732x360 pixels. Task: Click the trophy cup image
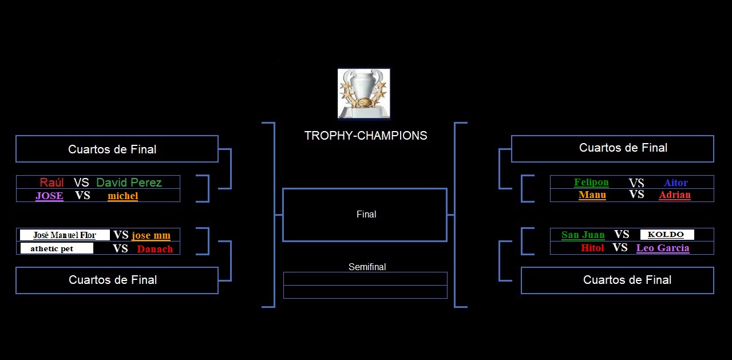tap(364, 93)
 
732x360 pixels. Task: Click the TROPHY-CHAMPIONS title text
tap(366, 136)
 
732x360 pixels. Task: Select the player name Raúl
tap(52, 182)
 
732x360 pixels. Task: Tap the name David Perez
tap(129, 182)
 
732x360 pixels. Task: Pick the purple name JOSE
tap(49, 196)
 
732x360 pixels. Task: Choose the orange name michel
tap(123, 196)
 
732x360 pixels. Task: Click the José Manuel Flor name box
tap(65, 235)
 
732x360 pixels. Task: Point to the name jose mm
tap(151, 235)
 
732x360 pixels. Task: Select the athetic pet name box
tap(57, 248)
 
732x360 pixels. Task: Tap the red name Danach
tap(155, 249)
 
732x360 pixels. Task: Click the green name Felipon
tap(591, 182)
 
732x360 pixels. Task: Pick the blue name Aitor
tap(676, 182)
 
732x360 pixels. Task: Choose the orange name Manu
tap(592, 195)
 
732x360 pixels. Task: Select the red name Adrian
tap(675, 195)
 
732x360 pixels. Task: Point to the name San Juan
tap(583, 235)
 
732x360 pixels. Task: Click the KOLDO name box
tap(667, 234)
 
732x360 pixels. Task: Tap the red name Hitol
tap(592, 248)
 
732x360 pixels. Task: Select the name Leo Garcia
tap(663, 248)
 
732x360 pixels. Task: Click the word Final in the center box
tap(366, 214)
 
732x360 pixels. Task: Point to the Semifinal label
tap(367, 267)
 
